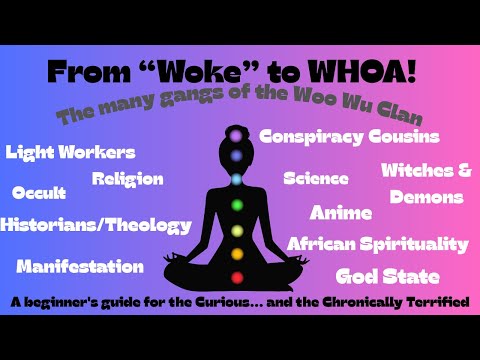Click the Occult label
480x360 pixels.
pyautogui.click(x=39, y=192)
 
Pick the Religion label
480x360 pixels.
pyautogui.click(x=127, y=179)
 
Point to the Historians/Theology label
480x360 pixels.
pyautogui.click(x=96, y=225)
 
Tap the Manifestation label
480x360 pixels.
pyautogui.click(x=80, y=266)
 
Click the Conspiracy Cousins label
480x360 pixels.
pyautogui.click(x=349, y=136)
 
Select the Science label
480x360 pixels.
pyautogui.click(x=316, y=179)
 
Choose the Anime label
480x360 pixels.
pyautogui.click(x=341, y=212)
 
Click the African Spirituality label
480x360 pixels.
pyautogui.click(x=377, y=244)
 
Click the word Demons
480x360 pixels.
pyautogui.click(x=427, y=197)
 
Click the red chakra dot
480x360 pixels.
pyautogui.click(x=238, y=277)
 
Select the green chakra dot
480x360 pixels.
pyautogui.click(x=238, y=206)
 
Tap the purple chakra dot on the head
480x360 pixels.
pyautogui.click(x=238, y=133)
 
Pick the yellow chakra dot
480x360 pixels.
pyautogui.click(x=238, y=230)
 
